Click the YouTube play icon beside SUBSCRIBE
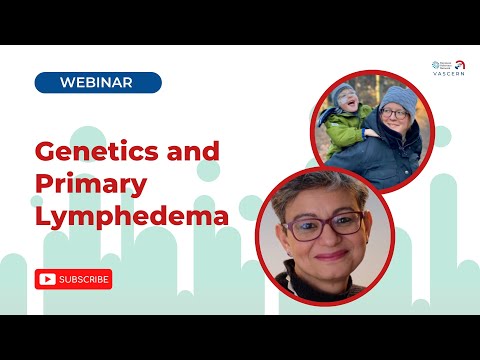point(46,279)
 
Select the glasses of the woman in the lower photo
point(322,223)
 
